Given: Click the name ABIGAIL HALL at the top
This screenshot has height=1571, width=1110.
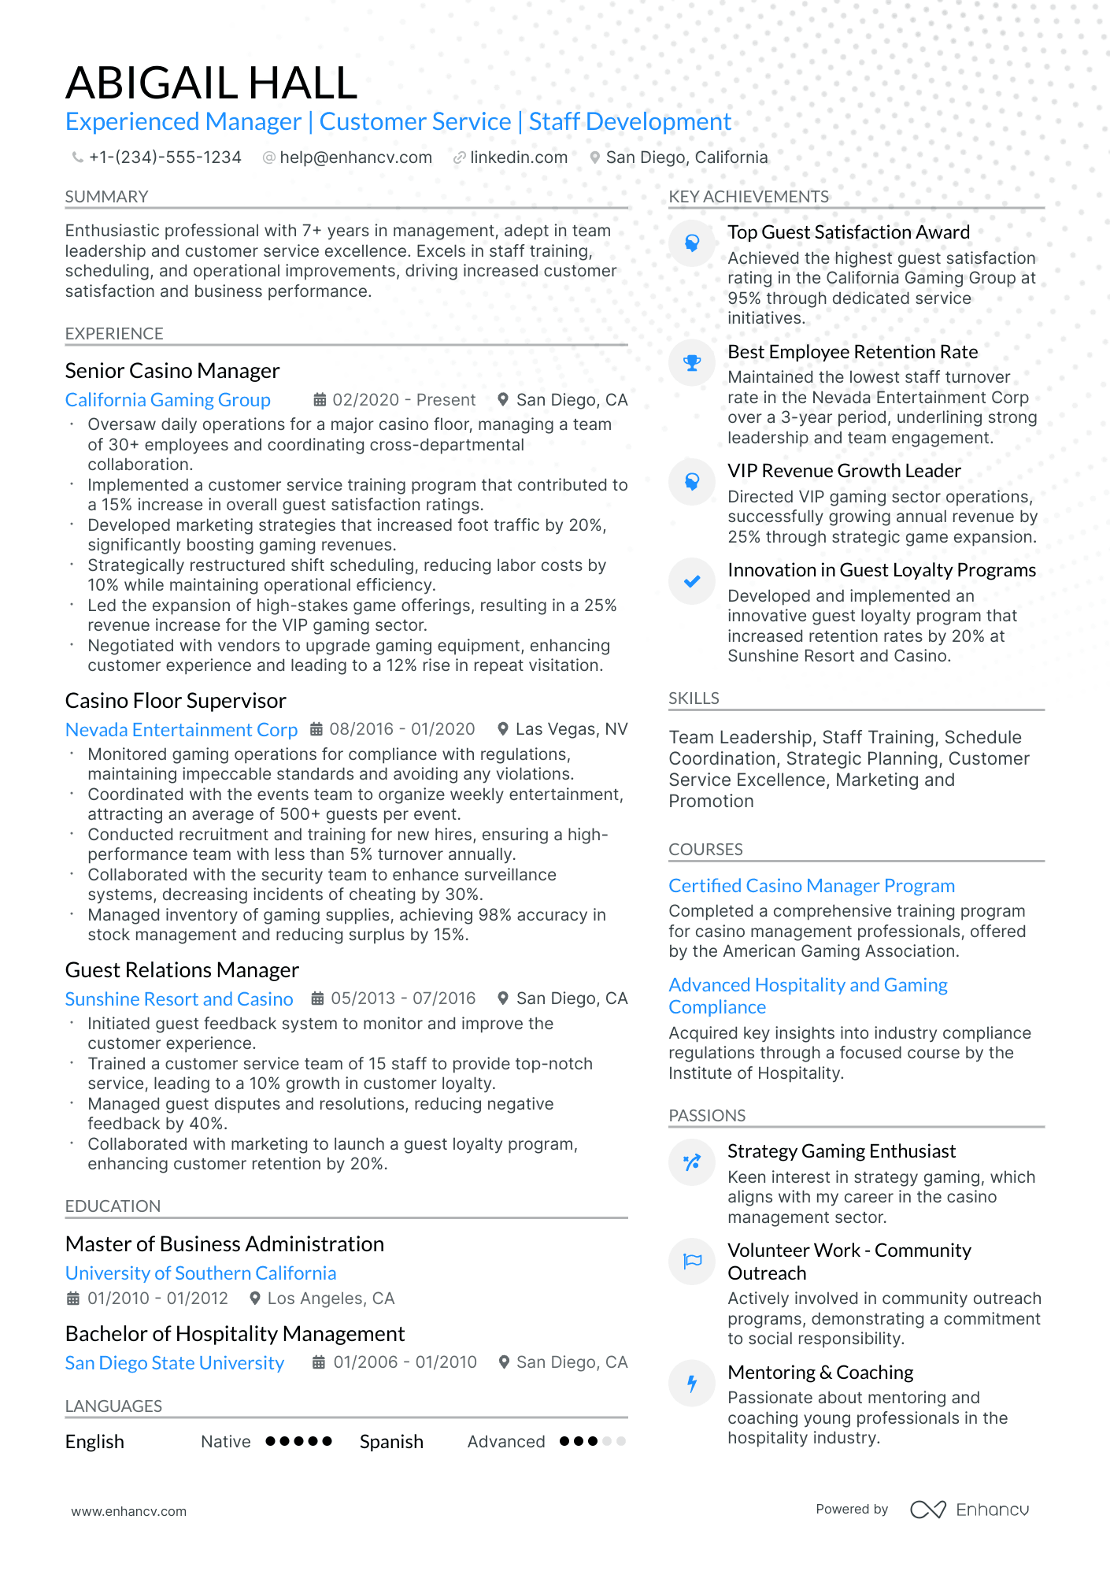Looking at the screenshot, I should [x=211, y=83].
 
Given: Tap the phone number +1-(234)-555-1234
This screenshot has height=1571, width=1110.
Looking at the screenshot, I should [x=165, y=157].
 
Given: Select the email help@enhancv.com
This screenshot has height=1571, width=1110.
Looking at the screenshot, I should [x=355, y=157].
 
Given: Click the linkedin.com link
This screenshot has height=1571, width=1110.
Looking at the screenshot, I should [x=518, y=157].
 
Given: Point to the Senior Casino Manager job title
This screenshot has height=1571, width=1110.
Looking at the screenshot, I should [x=172, y=371].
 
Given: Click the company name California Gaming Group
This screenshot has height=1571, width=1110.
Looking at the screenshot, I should [x=168, y=400].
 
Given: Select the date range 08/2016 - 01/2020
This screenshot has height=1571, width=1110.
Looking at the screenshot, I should [x=401, y=729].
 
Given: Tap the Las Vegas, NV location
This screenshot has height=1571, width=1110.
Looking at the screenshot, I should [x=571, y=729].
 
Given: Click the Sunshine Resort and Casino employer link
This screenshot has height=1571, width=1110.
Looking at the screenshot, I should [x=179, y=999].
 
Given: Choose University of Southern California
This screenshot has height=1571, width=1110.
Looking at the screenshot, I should [x=201, y=1273].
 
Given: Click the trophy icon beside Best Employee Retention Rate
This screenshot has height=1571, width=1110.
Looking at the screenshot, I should [x=692, y=363].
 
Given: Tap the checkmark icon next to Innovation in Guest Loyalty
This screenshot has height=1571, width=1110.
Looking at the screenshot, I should [x=692, y=582].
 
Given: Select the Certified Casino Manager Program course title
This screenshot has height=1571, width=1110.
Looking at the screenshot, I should [x=812, y=886].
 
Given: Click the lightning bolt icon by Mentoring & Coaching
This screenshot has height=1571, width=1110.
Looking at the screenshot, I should [x=692, y=1384].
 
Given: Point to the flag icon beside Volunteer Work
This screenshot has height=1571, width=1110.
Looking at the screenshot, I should [x=692, y=1262].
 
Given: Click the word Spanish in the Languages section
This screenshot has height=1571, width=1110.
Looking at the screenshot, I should [x=391, y=1442].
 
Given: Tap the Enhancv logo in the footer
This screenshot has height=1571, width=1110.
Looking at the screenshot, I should [x=969, y=1510].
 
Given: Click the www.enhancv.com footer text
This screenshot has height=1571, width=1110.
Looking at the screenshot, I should [x=129, y=1511].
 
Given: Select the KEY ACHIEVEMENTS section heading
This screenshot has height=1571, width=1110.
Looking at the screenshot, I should [x=749, y=197].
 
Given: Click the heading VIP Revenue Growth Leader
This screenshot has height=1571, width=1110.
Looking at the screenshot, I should [x=844, y=471].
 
